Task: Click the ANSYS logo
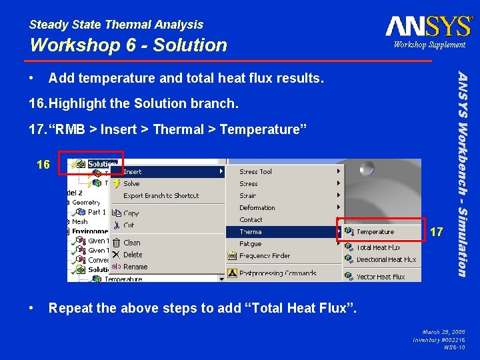[x=428, y=26]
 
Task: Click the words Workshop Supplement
[x=429, y=45]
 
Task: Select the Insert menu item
[x=133, y=171]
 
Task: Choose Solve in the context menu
[x=131, y=183]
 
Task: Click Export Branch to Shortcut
[x=161, y=195]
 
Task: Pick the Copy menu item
[x=131, y=213]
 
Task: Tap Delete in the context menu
[x=133, y=255]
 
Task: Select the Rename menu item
[x=135, y=267]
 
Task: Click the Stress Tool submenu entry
[x=256, y=171]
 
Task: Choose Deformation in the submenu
[x=257, y=207]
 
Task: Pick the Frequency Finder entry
[x=265, y=255]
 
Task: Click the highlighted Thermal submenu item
[x=251, y=232]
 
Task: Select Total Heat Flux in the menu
[x=378, y=247]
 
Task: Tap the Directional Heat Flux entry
[x=386, y=259]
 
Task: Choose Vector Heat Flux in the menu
[x=381, y=277]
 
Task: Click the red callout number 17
[x=437, y=233]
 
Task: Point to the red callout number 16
[x=43, y=165]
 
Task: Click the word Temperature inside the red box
[x=375, y=232]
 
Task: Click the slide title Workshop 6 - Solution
[x=129, y=45]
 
